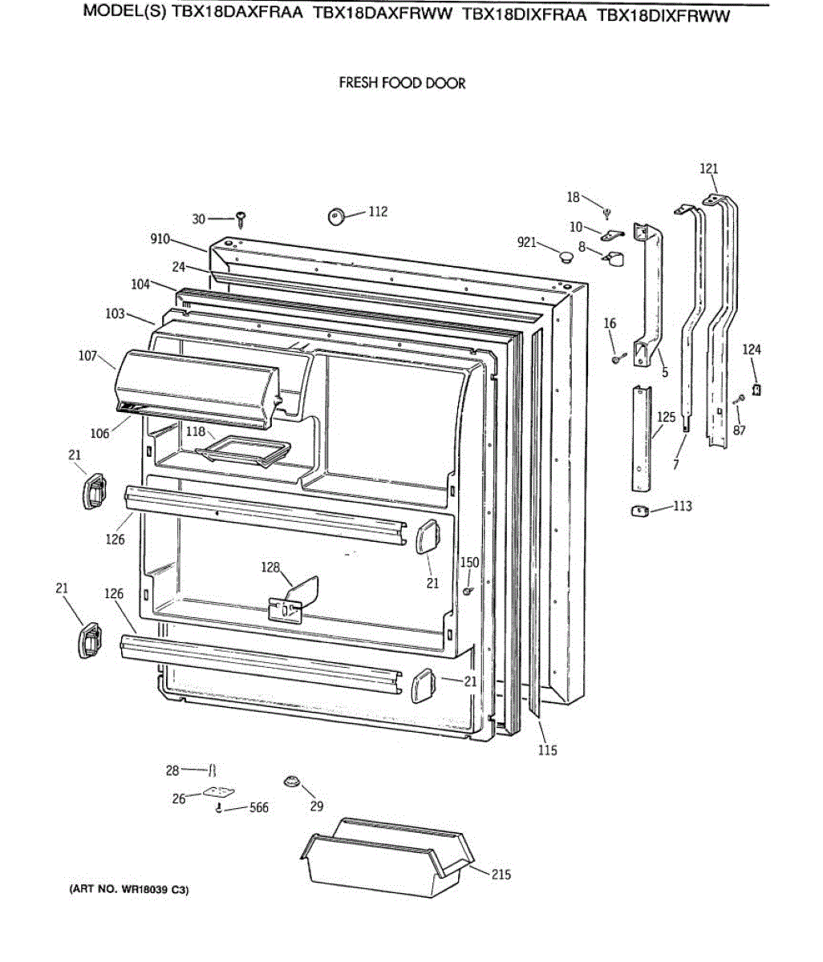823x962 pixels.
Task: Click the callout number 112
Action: click(x=377, y=212)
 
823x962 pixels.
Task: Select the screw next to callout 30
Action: click(x=241, y=217)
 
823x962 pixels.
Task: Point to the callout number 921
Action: click(x=526, y=242)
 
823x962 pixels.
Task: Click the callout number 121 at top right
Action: click(x=709, y=168)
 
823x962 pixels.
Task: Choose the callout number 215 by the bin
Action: click(x=501, y=875)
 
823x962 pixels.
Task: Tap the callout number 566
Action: click(x=258, y=808)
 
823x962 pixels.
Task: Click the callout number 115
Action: click(x=547, y=750)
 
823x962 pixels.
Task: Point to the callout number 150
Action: click(x=469, y=563)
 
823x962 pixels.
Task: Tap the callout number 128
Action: click(x=270, y=568)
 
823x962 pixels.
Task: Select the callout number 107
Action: click(x=87, y=356)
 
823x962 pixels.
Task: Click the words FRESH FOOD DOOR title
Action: click(x=402, y=83)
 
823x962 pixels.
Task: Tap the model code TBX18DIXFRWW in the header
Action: click(x=663, y=16)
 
